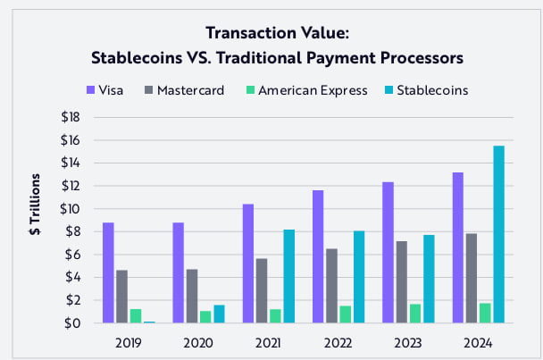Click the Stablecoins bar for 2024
click(498, 234)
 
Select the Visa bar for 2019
click(108, 272)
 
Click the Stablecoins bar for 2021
click(288, 276)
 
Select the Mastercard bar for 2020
click(191, 296)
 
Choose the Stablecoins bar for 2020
click(220, 314)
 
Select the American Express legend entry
click(304, 89)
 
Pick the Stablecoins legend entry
click(422, 89)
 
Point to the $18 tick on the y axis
click(71, 117)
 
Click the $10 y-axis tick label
click(71, 209)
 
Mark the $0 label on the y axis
click(75, 323)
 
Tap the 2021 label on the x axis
click(268, 341)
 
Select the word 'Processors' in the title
click(419, 58)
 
